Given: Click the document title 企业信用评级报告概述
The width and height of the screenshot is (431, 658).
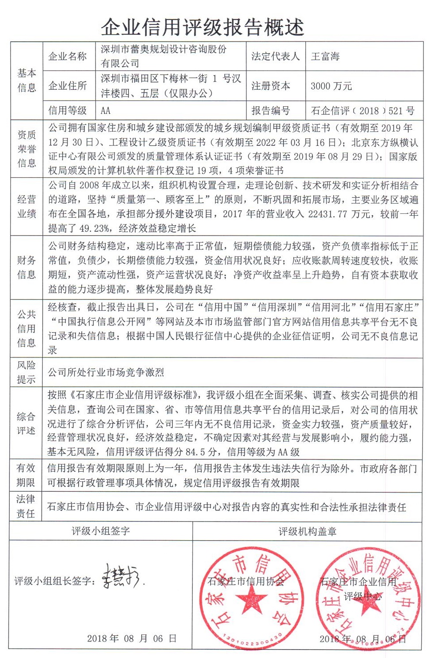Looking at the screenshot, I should (x=202, y=27).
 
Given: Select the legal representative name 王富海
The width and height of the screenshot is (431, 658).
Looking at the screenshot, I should (x=325, y=56).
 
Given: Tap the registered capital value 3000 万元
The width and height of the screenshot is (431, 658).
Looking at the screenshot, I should (x=331, y=86).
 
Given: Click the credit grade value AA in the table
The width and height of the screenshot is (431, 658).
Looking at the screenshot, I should (x=106, y=110).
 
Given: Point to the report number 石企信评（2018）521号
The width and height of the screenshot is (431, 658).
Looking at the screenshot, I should (x=363, y=110).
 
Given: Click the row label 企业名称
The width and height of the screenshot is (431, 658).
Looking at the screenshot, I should (x=68, y=56).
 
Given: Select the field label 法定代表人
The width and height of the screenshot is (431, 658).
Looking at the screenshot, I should (x=275, y=56).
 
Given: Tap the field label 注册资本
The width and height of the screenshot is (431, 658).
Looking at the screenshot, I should (x=271, y=86).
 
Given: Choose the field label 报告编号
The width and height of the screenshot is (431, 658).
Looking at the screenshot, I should (x=271, y=110).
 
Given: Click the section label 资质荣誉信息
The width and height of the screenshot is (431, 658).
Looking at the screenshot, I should (x=27, y=149).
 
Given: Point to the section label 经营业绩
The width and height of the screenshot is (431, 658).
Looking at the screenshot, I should (x=27, y=206).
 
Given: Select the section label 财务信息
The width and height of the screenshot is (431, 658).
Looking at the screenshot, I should (x=27, y=267).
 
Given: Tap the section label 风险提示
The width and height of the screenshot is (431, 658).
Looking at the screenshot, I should (x=26, y=372).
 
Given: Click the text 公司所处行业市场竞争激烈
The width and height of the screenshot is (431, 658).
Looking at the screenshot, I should (x=106, y=372).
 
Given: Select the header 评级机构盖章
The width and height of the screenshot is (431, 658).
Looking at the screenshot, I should (x=307, y=531).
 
